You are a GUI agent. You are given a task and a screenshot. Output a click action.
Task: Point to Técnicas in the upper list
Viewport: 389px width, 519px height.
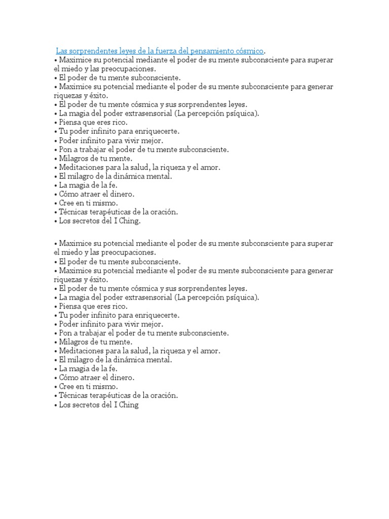[x=73, y=212]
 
